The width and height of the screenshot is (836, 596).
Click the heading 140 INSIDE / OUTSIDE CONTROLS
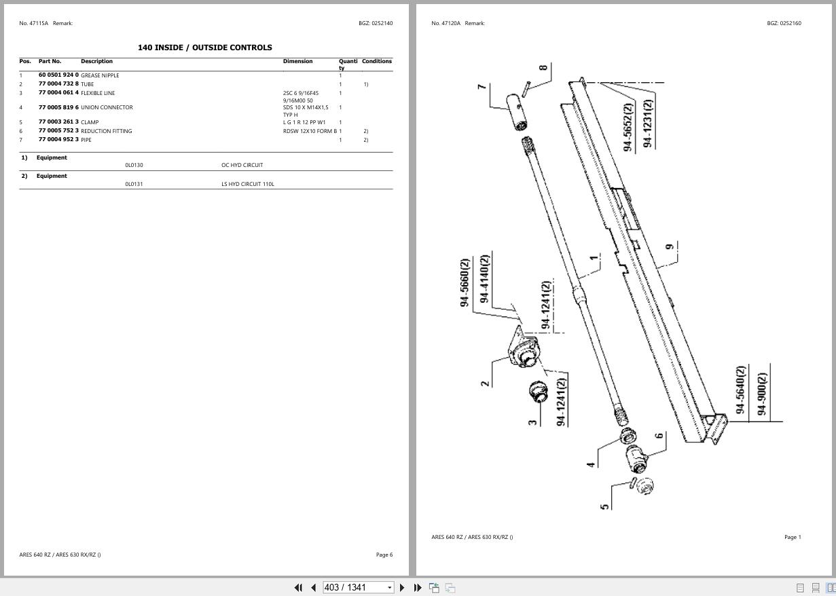pyautogui.click(x=204, y=48)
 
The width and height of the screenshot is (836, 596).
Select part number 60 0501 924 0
pyautogui.click(x=58, y=75)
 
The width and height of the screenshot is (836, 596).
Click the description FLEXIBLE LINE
pyautogui.click(x=98, y=93)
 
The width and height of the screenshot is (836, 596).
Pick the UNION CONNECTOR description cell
pyautogui.click(x=107, y=107)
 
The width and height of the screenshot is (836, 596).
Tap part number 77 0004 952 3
pyautogui.click(x=58, y=140)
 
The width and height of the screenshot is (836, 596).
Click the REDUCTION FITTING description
pyautogui.click(x=107, y=131)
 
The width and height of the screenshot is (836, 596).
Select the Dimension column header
pyautogui.click(x=297, y=61)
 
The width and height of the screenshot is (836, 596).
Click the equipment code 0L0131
pyautogui.click(x=134, y=184)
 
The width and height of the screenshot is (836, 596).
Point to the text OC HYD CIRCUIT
pyautogui.click(x=242, y=165)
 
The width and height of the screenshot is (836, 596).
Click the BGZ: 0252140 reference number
pyautogui.click(x=376, y=23)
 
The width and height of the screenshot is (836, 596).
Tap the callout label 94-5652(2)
pyautogui.click(x=628, y=127)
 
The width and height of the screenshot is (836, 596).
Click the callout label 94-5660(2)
pyautogui.click(x=465, y=282)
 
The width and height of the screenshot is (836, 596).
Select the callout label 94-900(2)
pyautogui.click(x=762, y=394)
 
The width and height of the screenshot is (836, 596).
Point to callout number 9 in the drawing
pyautogui.click(x=670, y=246)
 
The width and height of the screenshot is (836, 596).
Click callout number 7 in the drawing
pyautogui.click(x=481, y=87)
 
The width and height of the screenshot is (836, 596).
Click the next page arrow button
pyautogui.click(x=402, y=587)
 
